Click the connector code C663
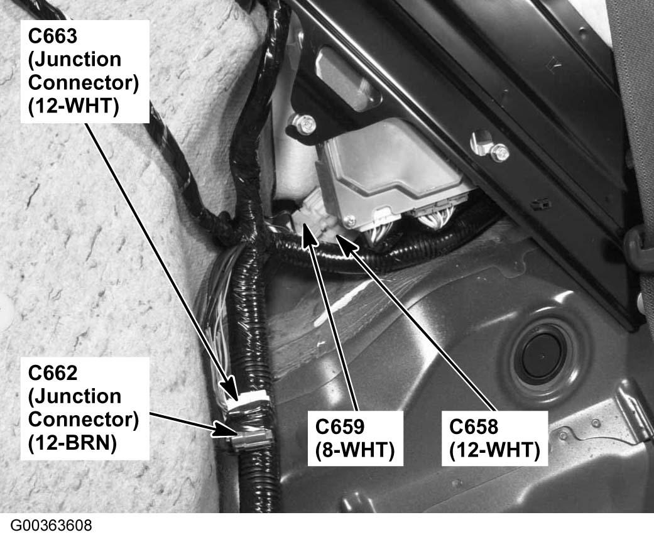coord(53,36)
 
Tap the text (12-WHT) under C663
coord(74,106)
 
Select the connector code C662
coord(53,372)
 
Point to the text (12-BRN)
coord(72,443)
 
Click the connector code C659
coord(339,426)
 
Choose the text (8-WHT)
coord(355,450)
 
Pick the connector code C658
coord(474,426)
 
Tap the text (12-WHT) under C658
coord(494,450)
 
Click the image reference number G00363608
coord(51,525)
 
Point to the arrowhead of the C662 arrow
coord(223,429)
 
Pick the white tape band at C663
coord(248,399)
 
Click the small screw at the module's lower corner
coord(351,219)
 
